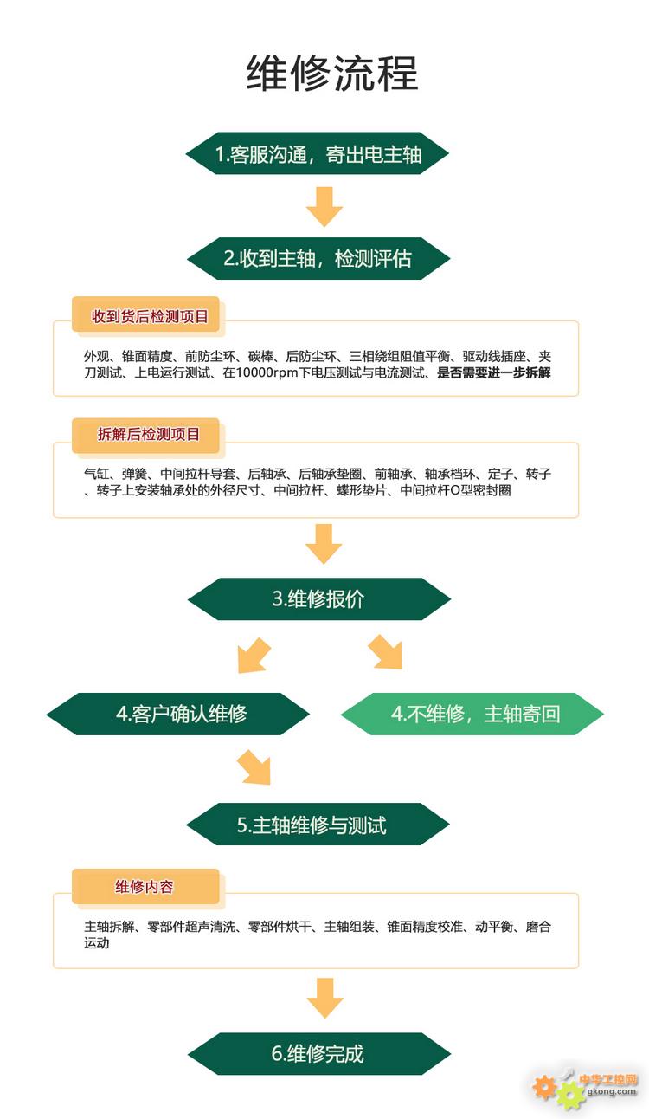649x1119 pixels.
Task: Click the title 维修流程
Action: point(332,74)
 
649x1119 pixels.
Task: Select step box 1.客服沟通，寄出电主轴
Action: point(318,153)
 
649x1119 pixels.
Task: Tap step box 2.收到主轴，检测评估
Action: point(318,258)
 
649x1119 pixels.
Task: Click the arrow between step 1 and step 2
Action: point(324,206)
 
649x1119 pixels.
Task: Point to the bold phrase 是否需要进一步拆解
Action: point(494,372)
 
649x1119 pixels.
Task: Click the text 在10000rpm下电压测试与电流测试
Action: point(324,372)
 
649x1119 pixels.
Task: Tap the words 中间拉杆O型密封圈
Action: point(455,490)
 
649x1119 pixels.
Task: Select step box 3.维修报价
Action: point(319,599)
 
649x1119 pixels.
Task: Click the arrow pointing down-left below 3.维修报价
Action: point(254,656)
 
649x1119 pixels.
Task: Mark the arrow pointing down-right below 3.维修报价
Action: point(385,652)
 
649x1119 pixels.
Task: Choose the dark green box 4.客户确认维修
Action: point(178,714)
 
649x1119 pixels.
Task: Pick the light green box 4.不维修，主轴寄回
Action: point(472,714)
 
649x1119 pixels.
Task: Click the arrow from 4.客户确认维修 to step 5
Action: point(254,767)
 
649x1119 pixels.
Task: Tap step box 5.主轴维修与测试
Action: point(318,825)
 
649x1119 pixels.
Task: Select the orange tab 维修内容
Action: point(145,887)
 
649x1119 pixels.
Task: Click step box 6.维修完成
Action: point(319,1053)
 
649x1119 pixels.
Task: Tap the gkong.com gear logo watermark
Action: point(585,1089)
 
